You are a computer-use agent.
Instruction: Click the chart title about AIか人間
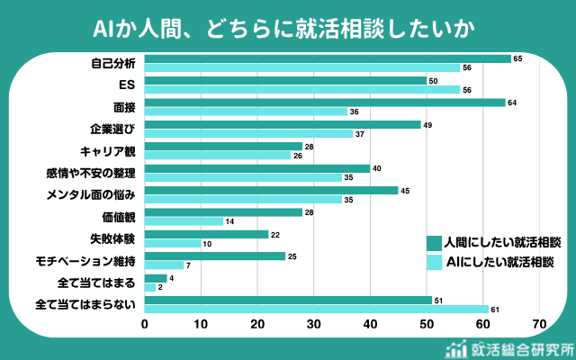[x=287, y=27]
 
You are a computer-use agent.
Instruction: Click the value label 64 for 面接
[x=512, y=102]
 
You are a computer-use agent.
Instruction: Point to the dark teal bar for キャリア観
[x=223, y=146]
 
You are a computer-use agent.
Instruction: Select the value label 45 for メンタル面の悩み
[x=405, y=190]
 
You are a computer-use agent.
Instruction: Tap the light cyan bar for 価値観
[x=184, y=221]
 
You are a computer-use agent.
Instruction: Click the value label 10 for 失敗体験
[x=207, y=243]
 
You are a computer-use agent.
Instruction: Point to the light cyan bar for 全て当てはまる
[x=149, y=287]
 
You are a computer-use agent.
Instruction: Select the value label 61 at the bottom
[x=495, y=309]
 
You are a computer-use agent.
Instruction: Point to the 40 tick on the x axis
[x=370, y=324]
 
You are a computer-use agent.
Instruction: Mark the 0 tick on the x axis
[x=144, y=324]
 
